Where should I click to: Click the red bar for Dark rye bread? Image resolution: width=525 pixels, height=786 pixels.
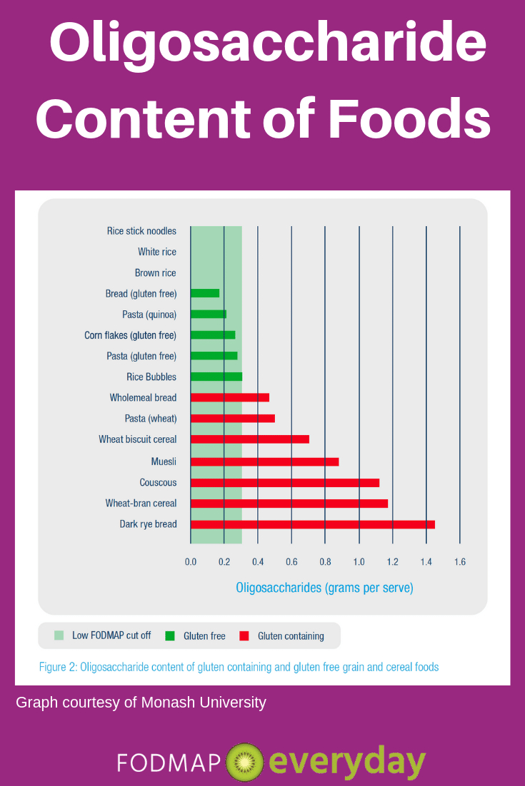pos(313,524)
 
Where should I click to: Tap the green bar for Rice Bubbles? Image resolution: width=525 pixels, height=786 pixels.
pos(216,377)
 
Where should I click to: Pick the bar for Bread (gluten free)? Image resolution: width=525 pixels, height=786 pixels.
pos(205,293)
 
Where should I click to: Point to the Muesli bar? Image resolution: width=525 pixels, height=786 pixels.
pos(264,461)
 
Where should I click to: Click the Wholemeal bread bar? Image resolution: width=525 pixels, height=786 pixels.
pos(230,397)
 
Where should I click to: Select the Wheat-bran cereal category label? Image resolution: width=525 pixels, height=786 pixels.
pos(141,504)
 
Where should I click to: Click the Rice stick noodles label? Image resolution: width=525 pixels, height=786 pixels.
pos(141,231)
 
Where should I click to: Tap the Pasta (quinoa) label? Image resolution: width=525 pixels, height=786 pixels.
pos(149,315)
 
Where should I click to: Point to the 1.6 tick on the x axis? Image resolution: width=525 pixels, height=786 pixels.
pos(459,562)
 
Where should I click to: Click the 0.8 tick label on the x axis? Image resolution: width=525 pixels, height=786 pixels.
pos(325,562)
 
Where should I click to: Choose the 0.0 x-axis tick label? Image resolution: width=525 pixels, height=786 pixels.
pos(191,562)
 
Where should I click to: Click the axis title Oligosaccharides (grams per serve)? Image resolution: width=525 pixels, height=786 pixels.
pos(324,588)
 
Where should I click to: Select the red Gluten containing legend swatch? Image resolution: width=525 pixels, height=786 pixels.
pos(244,636)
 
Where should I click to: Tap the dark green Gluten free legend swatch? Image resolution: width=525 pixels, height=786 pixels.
pos(170,636)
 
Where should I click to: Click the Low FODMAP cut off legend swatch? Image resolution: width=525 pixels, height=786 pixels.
pos(59,636)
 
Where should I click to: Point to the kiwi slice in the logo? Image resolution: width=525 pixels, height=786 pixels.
pos(244,762)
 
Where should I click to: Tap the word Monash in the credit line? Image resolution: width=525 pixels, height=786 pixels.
pos(170,703)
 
